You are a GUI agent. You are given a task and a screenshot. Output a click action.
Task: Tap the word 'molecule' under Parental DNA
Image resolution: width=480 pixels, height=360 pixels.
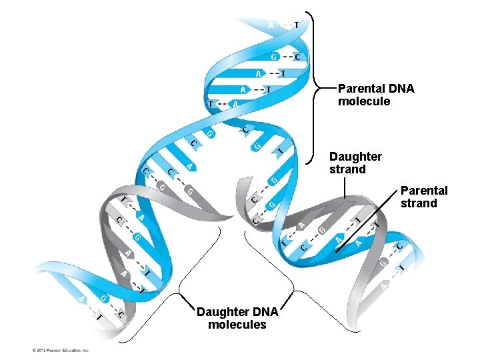coord(364,102)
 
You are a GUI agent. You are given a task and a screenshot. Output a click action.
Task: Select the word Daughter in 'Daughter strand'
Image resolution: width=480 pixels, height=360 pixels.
coord(355,157)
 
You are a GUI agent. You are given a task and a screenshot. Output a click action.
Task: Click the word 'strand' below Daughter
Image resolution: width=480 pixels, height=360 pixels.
coord(347,169)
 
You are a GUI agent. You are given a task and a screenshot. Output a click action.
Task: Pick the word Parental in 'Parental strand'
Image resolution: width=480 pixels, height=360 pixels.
coord(424,191)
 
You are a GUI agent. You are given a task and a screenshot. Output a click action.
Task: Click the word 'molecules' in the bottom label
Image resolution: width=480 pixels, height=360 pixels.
coord(237,325)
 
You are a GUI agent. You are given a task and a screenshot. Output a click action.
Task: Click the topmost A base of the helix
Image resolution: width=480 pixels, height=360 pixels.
coord(271,25)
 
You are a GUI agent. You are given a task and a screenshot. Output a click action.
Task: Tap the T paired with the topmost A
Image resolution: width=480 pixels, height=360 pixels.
coord(295,25)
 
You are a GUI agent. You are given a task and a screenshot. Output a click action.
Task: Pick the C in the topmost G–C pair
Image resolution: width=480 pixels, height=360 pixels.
coord(297,57)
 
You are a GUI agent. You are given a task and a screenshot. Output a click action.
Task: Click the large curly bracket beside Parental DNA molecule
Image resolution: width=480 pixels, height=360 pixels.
coord(314,87)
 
